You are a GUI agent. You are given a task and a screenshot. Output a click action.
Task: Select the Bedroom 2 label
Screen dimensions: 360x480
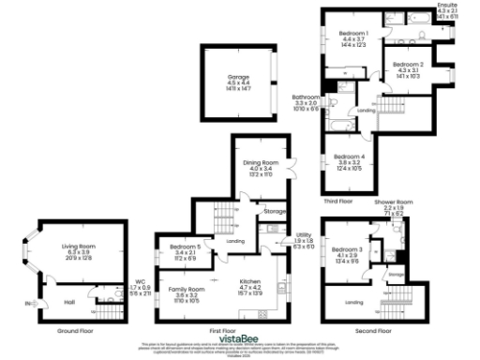point(410,65)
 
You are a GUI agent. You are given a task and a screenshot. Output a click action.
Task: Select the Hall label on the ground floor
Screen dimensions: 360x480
point(69,302)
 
